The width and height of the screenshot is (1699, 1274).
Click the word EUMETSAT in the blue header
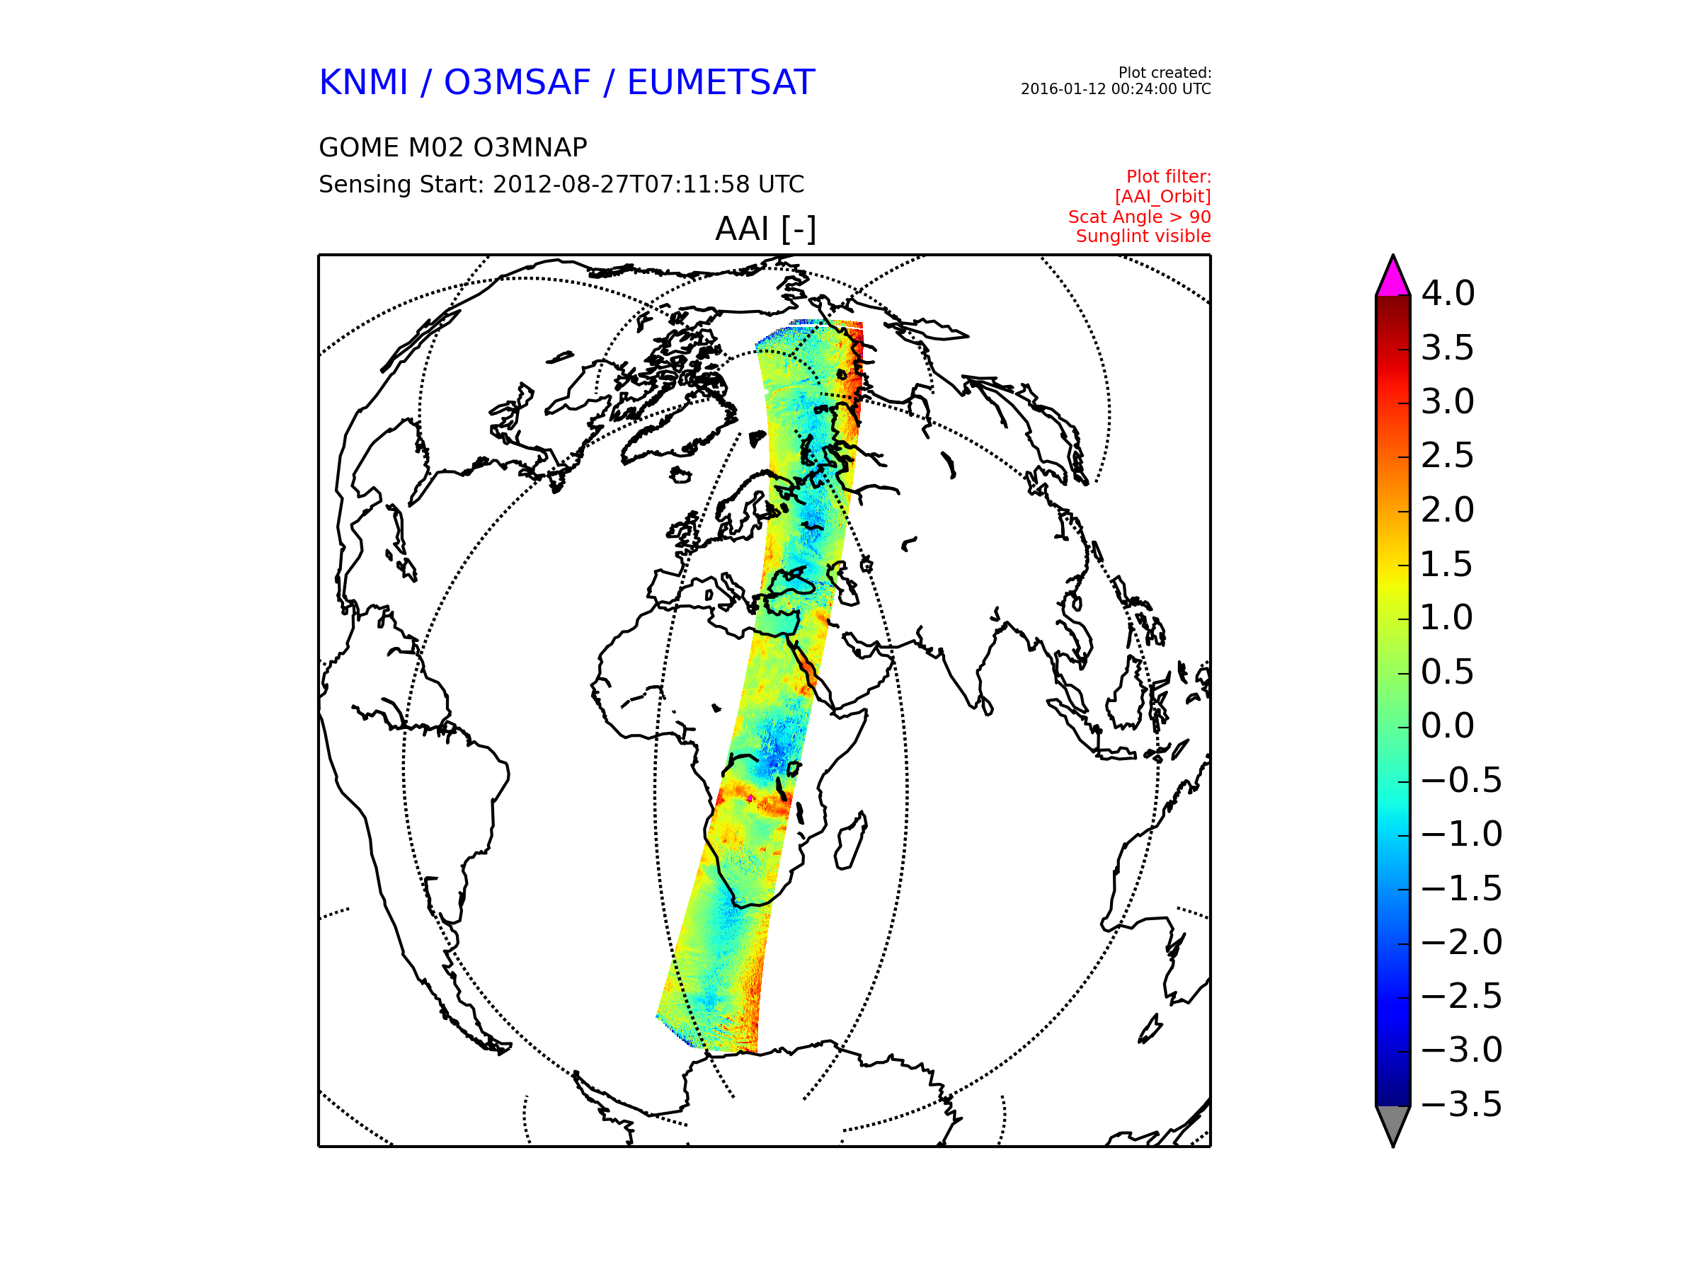click(x=721, y=82)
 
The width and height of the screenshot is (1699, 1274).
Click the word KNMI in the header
click(x=362, y=82)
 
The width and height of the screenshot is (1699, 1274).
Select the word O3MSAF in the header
click(x=517, y=82)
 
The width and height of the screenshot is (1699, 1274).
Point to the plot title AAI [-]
click(x=765, y=229)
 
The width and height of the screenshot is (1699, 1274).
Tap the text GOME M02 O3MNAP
click(x=452, y=147)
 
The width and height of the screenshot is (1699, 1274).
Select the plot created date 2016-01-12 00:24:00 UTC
click(x=1115, y=89)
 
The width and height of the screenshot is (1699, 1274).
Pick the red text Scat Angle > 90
click(x=1139, y=217)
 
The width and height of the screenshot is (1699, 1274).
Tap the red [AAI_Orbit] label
click(x=1163, y=197)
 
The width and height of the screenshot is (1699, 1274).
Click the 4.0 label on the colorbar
click(x=1448, y=293)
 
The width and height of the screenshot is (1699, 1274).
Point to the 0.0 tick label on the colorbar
click(x=1448, y=725)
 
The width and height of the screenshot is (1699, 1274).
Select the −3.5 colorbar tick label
click(x=1462, y=1104)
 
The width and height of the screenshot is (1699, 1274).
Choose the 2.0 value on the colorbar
click(x=1448, y=510)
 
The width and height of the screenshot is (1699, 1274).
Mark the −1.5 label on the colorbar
click(x=1462, y=888)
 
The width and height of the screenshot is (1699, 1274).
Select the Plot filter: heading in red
click(x=1168, y=177)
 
